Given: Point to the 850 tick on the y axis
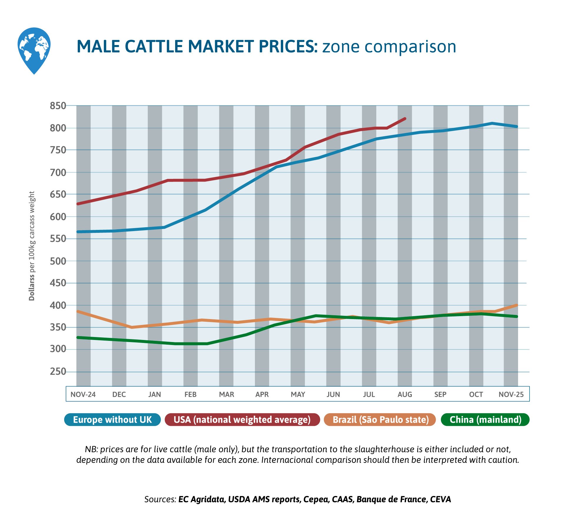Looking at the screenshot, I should click(x=58, y=106).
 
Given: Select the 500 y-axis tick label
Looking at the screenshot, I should click(x=58, y=261).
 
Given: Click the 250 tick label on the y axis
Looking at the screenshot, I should click(x=58, y=371).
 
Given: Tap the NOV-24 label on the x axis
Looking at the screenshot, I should click(x=83, y=394).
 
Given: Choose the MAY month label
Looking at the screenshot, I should click(x=298, y=394).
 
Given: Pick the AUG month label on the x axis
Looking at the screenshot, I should click(x=405, y=394).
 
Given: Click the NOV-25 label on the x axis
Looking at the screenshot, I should click(x=511, y=394).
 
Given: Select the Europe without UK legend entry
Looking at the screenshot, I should click(x=112, y=419).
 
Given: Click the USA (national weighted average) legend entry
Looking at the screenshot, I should click(x=242, y=419).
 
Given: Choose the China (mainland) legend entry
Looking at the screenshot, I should click(x=485, y=419).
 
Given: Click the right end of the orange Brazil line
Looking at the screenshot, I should click(x=517, y=305).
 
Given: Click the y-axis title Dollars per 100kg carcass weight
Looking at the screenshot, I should click(x=32, y=246).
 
